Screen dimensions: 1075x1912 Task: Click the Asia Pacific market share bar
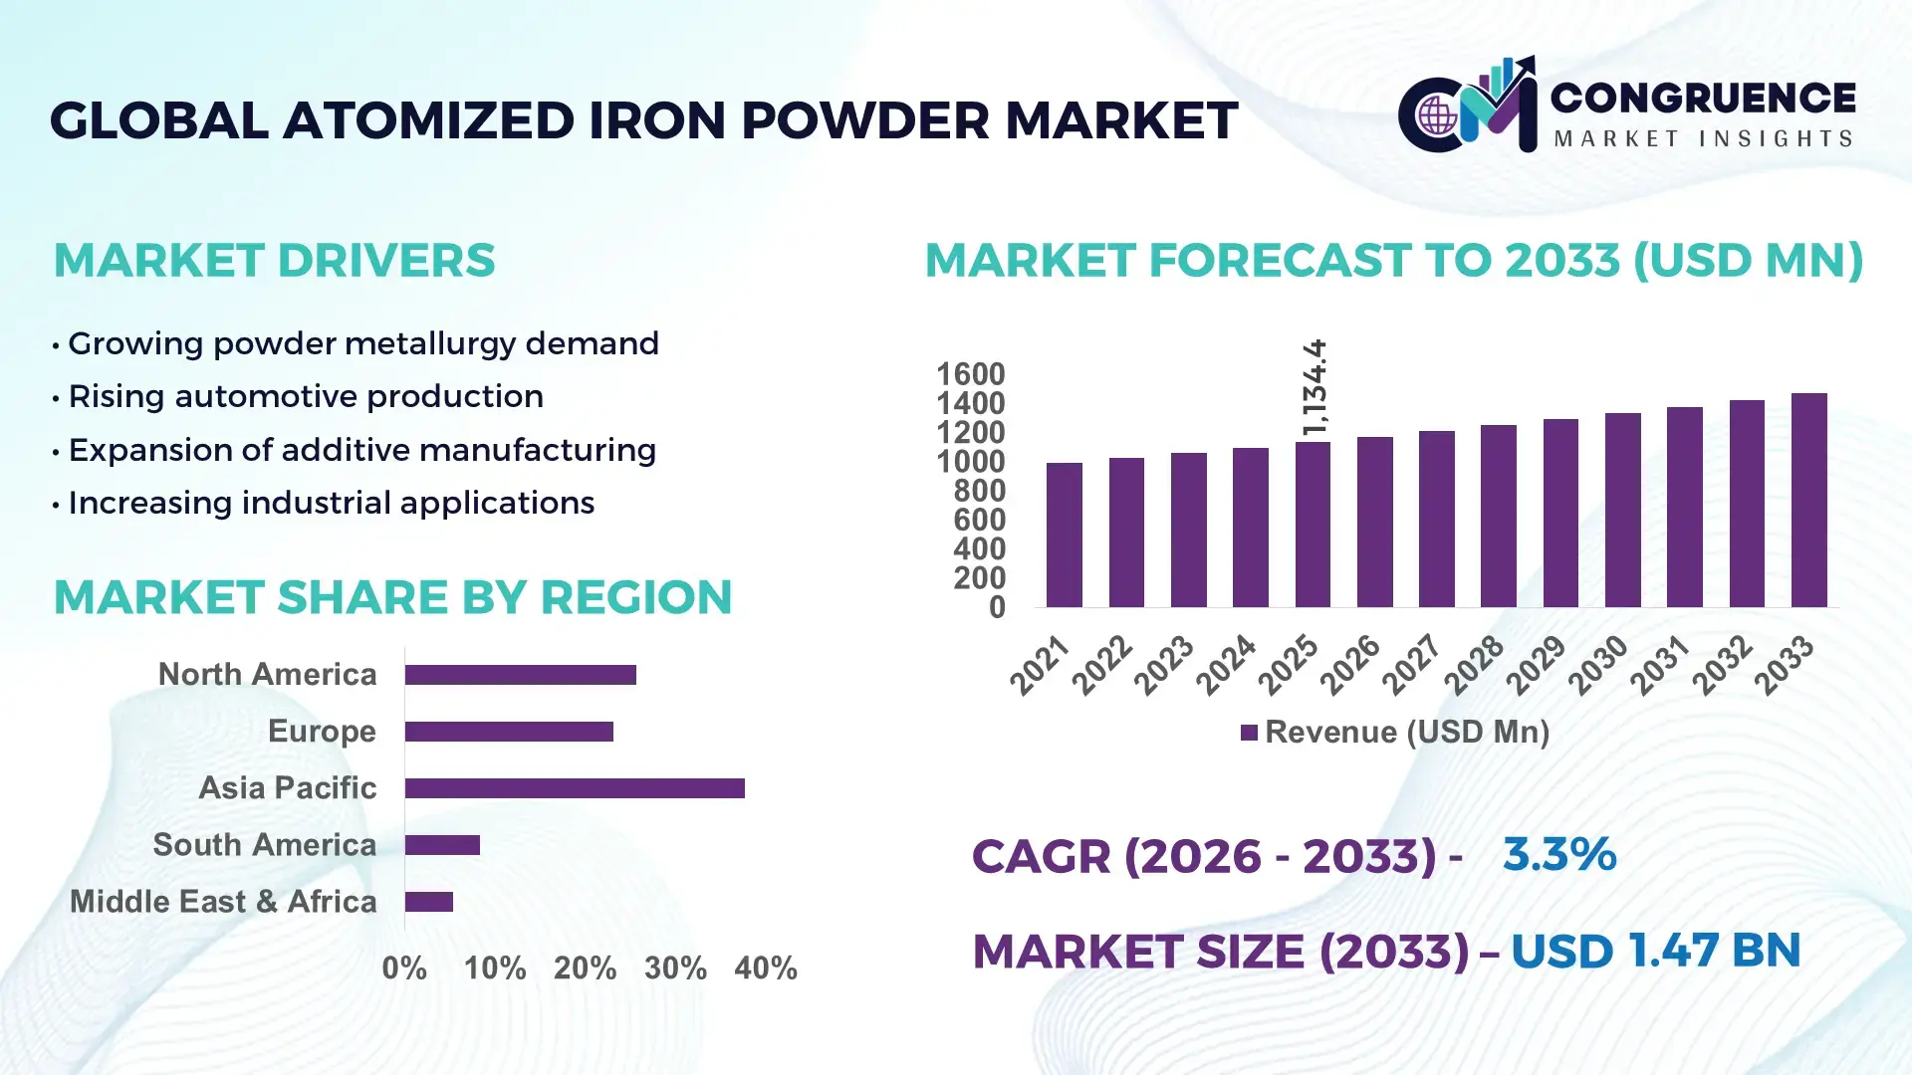pos(575,788)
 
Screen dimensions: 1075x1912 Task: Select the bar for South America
pos(442,845)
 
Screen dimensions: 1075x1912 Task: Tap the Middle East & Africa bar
pos(429,902)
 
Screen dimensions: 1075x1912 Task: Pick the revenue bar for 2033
pos(1808,500)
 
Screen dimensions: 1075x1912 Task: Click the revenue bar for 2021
pos(1064,535)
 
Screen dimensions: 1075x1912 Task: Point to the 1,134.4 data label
pos(1314,387)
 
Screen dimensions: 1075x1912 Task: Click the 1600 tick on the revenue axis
pos(970,374)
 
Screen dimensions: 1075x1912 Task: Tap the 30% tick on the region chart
pos(675,967)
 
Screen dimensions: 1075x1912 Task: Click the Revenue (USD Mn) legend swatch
pos(1249,733)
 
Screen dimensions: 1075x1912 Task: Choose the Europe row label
pos(322,731)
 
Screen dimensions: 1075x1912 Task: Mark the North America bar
pos(520,675)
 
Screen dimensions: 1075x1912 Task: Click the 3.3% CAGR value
pos(1558,854)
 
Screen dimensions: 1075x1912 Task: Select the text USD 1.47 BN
pos(1655,951)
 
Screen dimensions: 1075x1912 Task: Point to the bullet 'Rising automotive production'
pos(305,396)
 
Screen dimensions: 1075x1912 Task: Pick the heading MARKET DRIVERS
pos(274,261)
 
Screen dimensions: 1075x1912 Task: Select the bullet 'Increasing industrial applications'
pos(331,503)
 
